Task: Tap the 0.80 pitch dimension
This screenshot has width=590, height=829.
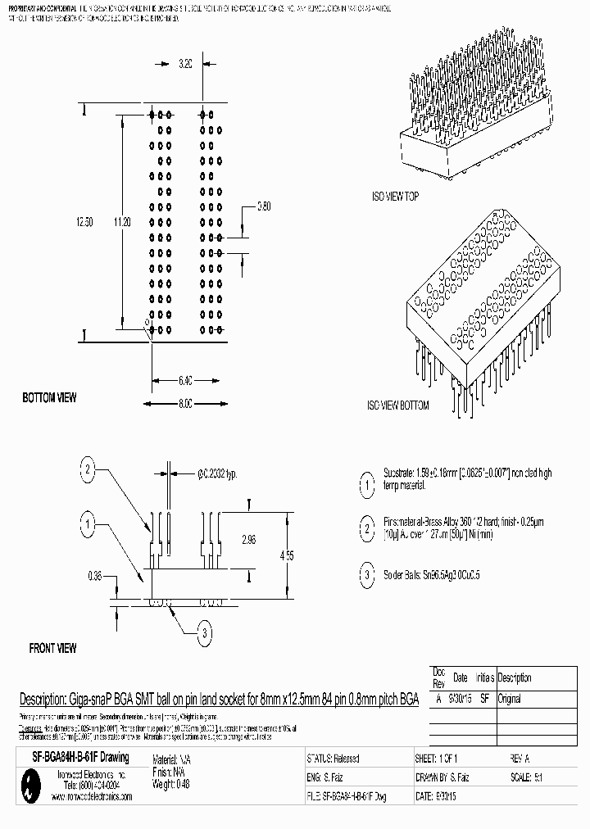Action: [264, 206]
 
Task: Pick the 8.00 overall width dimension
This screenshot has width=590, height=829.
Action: [184, 404]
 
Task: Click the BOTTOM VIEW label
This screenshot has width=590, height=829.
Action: [49, 398]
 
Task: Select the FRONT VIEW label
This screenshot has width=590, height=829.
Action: [52, 649]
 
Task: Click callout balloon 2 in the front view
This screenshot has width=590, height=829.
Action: [88, 469]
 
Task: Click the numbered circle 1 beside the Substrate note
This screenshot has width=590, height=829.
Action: [365, 485]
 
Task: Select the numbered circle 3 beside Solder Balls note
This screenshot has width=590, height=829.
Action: [365, 575]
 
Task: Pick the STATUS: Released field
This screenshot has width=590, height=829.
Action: [333, 759]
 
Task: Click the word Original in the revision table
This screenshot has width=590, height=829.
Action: [510, 700]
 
